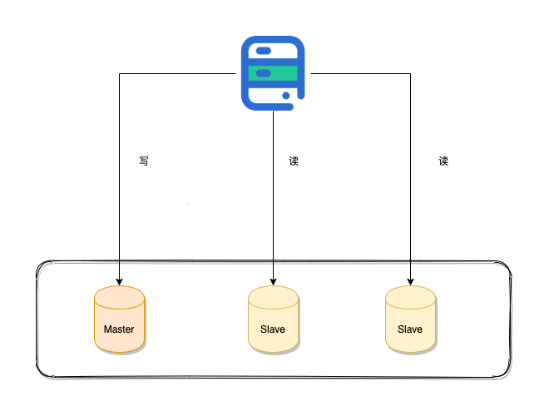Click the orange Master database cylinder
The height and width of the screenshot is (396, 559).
pos(119,319)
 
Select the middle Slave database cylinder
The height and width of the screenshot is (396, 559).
pos(273,319)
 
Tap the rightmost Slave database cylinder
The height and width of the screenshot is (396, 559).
pos(410,319)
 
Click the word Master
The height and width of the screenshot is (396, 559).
pos(119,329)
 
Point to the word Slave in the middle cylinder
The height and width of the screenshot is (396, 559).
pos(273,329)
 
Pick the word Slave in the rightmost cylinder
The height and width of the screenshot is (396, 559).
pos(410,329)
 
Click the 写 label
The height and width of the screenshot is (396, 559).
pos(144,161)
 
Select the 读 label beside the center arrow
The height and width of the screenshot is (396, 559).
pos(294,161)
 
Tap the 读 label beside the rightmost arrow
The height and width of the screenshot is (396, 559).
pos(443,161)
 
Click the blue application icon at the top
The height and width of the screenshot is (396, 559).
pos(273,73)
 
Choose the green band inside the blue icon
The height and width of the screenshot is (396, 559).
pos(273,73)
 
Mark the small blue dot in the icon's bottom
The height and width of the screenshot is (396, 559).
pos(287,97)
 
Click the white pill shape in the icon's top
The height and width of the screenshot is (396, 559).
pos(264,51)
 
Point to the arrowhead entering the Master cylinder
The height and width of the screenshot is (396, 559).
pos(119,281)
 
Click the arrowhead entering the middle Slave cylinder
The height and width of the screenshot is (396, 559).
pos(273,281)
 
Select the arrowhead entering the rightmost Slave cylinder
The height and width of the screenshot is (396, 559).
pos(410,281)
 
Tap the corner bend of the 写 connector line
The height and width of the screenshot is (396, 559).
pos(119,74)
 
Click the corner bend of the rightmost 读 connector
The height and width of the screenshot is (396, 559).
pos(410,74)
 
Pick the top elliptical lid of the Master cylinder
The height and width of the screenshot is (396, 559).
pos(119,295)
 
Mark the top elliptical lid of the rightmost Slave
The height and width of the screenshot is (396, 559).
pos(410,295)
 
